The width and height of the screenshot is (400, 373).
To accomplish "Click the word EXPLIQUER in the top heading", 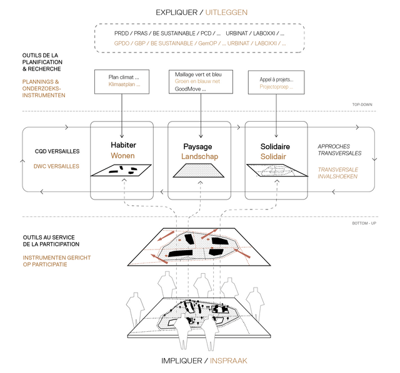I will click(x=174, y=12).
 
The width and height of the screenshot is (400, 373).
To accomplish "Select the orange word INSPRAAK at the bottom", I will click(x=230, y=361).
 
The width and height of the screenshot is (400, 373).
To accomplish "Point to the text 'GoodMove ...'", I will click(x=191, y=89).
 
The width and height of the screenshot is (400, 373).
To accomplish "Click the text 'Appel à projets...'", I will click(x=276, y=79).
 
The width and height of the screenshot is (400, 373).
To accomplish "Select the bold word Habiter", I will click(x=123, y=145).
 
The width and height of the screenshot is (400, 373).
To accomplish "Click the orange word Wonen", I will click(x=123, y=156).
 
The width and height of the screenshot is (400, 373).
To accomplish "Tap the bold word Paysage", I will click(x=200, y=146).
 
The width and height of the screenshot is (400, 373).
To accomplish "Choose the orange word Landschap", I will click(x=200, y=156).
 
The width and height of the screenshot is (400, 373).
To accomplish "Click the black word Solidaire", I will click(x=276, y=146).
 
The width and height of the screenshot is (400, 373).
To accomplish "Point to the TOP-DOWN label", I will click(x=363, y=105).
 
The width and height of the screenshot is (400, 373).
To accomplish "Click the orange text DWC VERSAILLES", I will click(x=56, y=166).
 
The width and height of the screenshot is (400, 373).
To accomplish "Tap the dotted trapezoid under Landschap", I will click(x=200, y=172).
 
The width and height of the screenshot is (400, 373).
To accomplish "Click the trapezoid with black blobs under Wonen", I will click(x=123, y=170).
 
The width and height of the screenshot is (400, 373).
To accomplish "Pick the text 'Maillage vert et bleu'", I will click(x=198, y=74).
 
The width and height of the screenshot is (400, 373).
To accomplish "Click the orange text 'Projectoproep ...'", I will click(x=276, y=87).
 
